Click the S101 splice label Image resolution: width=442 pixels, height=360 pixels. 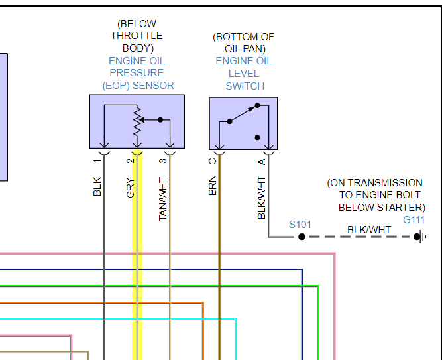pyautogui.click(x=300, y=225)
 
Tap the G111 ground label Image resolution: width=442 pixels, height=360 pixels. pyautogui.click(x=414, y=219)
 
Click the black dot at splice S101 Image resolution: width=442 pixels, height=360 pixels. pyautogui.click(x=302, y=237)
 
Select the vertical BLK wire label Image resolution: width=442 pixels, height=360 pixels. pyautogui.click(x=97, y=186)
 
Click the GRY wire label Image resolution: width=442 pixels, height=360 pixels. pyautogui.click(x=131, y=188)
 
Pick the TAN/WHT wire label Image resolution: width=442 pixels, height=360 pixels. pyautogui.click(x=163, y=198)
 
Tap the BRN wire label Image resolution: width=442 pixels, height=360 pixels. pyautogui.click(x=213, y=186)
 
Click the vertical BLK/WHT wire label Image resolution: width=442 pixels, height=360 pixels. pyautogui.click(x=262, y=198)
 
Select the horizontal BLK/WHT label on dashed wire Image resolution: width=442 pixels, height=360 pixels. pyautogui.click(x=369, y=230)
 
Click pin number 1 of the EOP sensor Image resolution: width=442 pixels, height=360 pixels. pyautogui.click(x=97, y=160)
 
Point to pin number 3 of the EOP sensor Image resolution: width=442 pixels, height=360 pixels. pyautogui.click(x=163, y=160)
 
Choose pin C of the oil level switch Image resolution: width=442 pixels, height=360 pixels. pyautogui.click(x=213, y=160)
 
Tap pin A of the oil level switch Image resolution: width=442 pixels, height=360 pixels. pyautogui.click(x=262, y=160)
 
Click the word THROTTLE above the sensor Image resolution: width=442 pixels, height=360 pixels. pyautogui.click(x=137, y=35)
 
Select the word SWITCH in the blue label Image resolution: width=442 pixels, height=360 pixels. pyautogui.click(x=245, y=86)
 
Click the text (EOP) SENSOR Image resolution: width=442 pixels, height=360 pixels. pyautogui.click(x=138, y=85)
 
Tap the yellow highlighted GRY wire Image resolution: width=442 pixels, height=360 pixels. pyautogui.click(x=137, y=265)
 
